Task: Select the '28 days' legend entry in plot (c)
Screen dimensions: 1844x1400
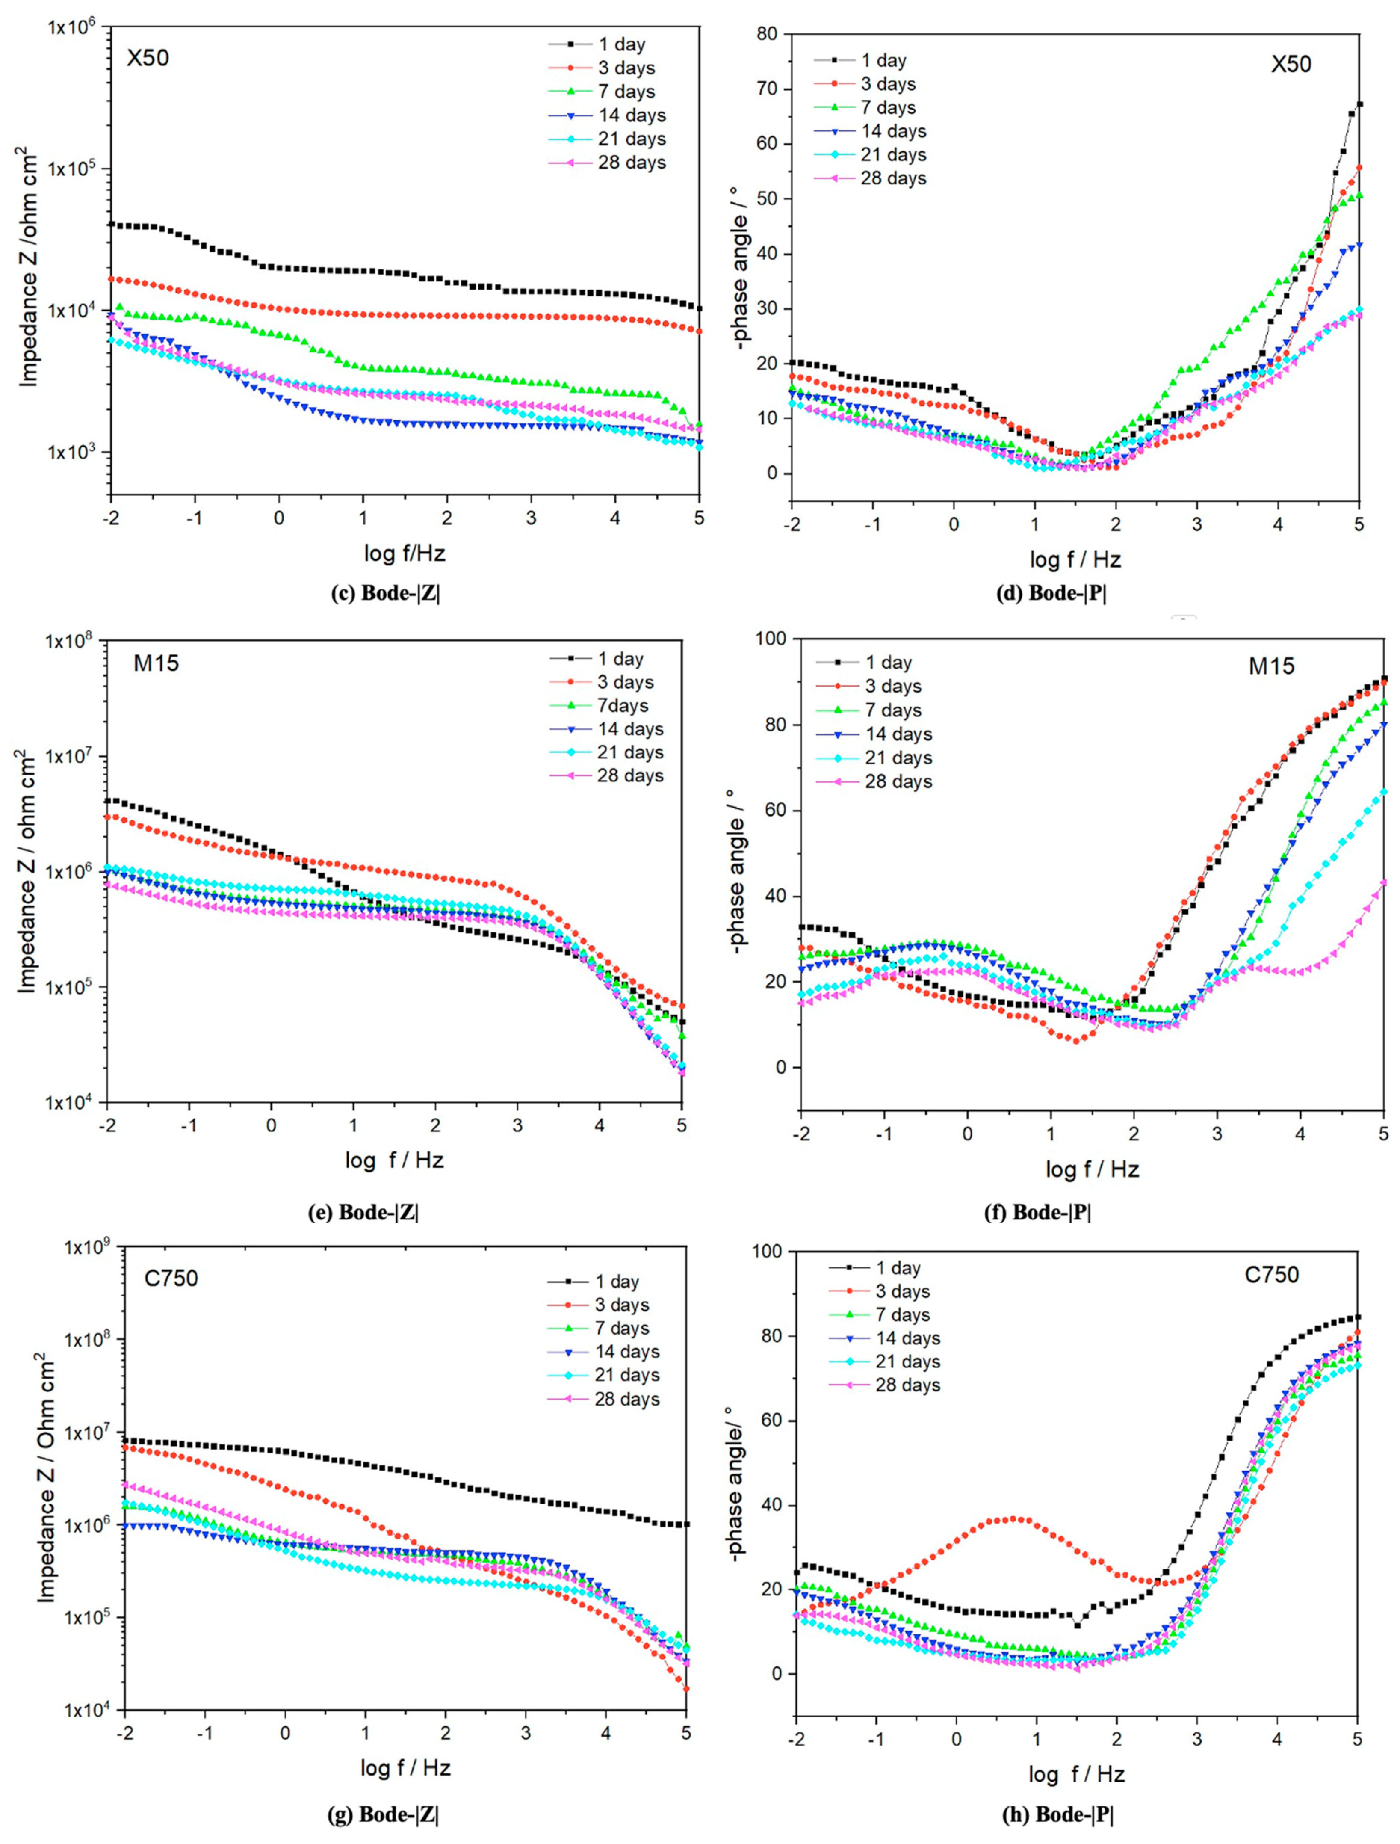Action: coord(631,163)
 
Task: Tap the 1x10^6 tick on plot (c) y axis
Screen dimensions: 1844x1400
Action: coord(73,27)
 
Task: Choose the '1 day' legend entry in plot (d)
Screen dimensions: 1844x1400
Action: coord(883,61)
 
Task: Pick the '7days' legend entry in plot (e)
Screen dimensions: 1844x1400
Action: coord(622,706)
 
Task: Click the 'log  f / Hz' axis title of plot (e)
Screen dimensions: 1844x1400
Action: coord(394,1160)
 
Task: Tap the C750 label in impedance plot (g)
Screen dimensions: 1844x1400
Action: coord(171,1278)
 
